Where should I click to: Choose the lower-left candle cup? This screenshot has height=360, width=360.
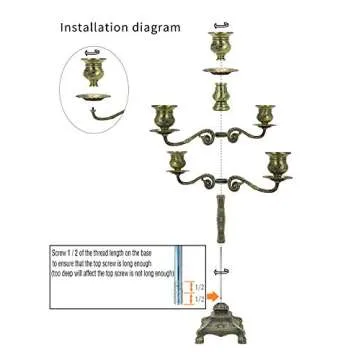pyautogui.click(x=179, y=159)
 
